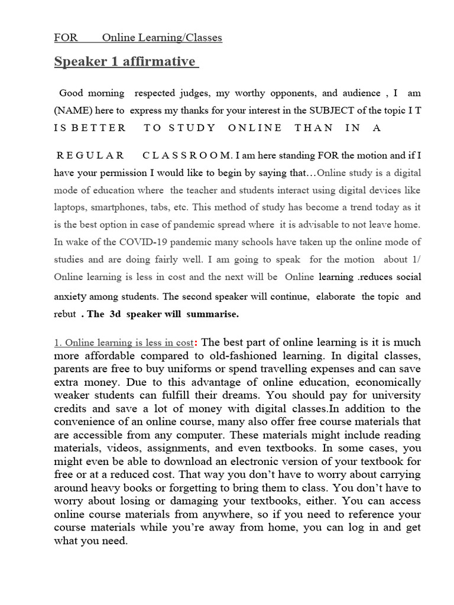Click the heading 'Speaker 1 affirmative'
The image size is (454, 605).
pyautogui.click(x=125, y=62)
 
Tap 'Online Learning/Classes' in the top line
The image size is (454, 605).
pyautogui.click(x=162, y=38)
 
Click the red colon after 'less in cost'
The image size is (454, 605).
pyautogui.click(x=196, y=343)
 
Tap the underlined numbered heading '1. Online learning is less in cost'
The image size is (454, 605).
pyautogui.click(x=124, y=343)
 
